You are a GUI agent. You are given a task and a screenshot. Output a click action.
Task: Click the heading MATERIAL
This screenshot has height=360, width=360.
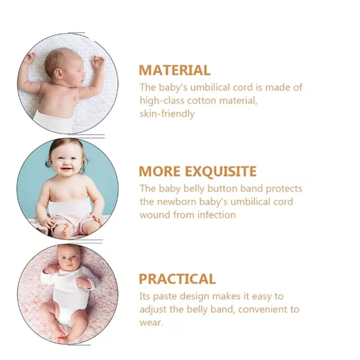[174, 70]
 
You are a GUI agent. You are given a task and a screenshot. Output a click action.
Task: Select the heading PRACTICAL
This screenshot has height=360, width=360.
[177, 279]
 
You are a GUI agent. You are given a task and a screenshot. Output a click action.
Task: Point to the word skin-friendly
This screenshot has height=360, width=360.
[167, 113]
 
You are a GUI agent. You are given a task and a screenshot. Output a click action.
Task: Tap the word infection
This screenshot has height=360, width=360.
[214, 215]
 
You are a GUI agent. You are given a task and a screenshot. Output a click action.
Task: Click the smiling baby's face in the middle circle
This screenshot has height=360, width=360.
[67, 160]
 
